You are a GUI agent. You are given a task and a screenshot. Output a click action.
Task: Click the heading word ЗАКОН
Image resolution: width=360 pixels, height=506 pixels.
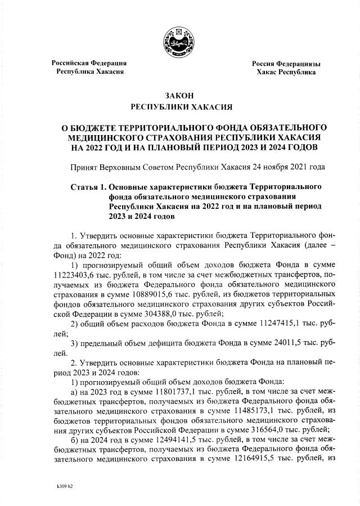coord(179,96)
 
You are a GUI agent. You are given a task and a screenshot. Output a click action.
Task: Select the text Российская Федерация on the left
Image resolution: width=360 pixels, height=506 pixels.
coord(89,62)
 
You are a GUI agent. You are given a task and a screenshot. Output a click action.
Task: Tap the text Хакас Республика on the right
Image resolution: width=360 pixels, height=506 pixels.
coord(286,72)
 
